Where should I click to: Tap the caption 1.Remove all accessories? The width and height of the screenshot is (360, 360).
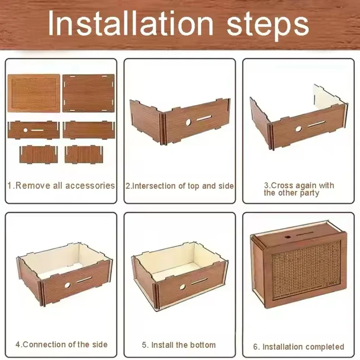tap(61, 185)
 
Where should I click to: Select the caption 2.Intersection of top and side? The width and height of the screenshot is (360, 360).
tap(180, 186)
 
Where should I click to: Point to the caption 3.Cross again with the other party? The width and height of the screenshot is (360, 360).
tap(299, 189)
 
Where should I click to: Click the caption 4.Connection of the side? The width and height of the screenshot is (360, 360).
tap(61, 344)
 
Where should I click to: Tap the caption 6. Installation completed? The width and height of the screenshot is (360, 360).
tap(299, 347)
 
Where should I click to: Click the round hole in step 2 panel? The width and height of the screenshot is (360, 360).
tap(187, 123)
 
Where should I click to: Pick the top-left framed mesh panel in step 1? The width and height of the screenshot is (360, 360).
tap(34, 94)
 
